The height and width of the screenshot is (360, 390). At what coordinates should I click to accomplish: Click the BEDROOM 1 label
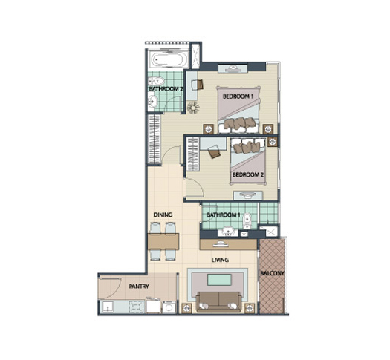point(238,96)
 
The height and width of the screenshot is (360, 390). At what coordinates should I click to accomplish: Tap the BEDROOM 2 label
point(247,174)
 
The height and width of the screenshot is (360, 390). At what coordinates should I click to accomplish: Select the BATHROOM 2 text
point(166,88)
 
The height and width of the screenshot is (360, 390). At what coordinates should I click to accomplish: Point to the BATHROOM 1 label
point(224,215)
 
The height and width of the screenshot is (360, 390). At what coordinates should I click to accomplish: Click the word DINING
point(163,215)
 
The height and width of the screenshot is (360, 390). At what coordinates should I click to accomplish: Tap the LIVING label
point(221,260)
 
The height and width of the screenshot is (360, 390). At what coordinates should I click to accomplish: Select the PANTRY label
point(139,287)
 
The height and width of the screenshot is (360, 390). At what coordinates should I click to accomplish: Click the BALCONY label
point(272,273)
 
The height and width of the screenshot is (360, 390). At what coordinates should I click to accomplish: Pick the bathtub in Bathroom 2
point(168,59)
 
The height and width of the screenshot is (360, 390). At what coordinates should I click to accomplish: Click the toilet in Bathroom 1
point(247,220)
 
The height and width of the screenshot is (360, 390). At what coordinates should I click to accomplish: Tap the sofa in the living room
point(219,301)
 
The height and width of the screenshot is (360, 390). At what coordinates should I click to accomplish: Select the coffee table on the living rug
point(219,280)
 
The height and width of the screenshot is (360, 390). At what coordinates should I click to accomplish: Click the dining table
point(163,241)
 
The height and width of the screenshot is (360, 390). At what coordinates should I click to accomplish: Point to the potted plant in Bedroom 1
point(193,108)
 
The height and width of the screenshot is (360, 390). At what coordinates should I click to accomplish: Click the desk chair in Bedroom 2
point(214,152)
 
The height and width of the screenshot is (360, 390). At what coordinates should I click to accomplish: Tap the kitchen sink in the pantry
point(108,307)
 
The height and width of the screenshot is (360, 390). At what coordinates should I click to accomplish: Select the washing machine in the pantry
point(169,307)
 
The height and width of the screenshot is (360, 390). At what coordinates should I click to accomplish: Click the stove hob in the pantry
point(136,307)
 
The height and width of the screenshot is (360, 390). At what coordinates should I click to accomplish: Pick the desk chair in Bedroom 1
point(200,84)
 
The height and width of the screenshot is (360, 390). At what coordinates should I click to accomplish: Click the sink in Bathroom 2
point(152,102)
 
